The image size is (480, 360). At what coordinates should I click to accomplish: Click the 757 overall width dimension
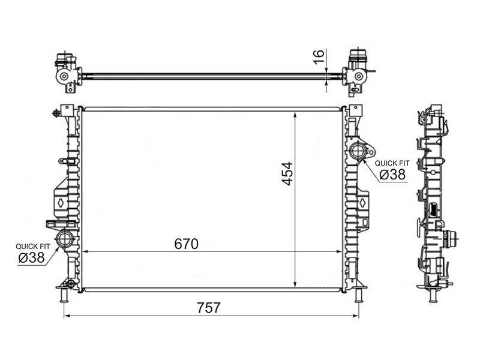(x=208, y=308)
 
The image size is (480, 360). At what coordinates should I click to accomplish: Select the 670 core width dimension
(x=187, y=244)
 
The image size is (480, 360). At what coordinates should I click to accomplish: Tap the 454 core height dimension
(x=287, y=173)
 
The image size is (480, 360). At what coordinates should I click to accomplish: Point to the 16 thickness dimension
(x=319, y=56)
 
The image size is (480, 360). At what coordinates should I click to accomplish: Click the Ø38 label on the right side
(x=392, y=175)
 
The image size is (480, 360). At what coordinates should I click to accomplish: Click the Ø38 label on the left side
(x=31, y=257)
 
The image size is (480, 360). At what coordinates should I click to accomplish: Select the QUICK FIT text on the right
(x=392, y=163)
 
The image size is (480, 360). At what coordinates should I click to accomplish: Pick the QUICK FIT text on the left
(x=33, y=247)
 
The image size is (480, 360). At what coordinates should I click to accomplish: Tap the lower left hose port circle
(x=65, y=238)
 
